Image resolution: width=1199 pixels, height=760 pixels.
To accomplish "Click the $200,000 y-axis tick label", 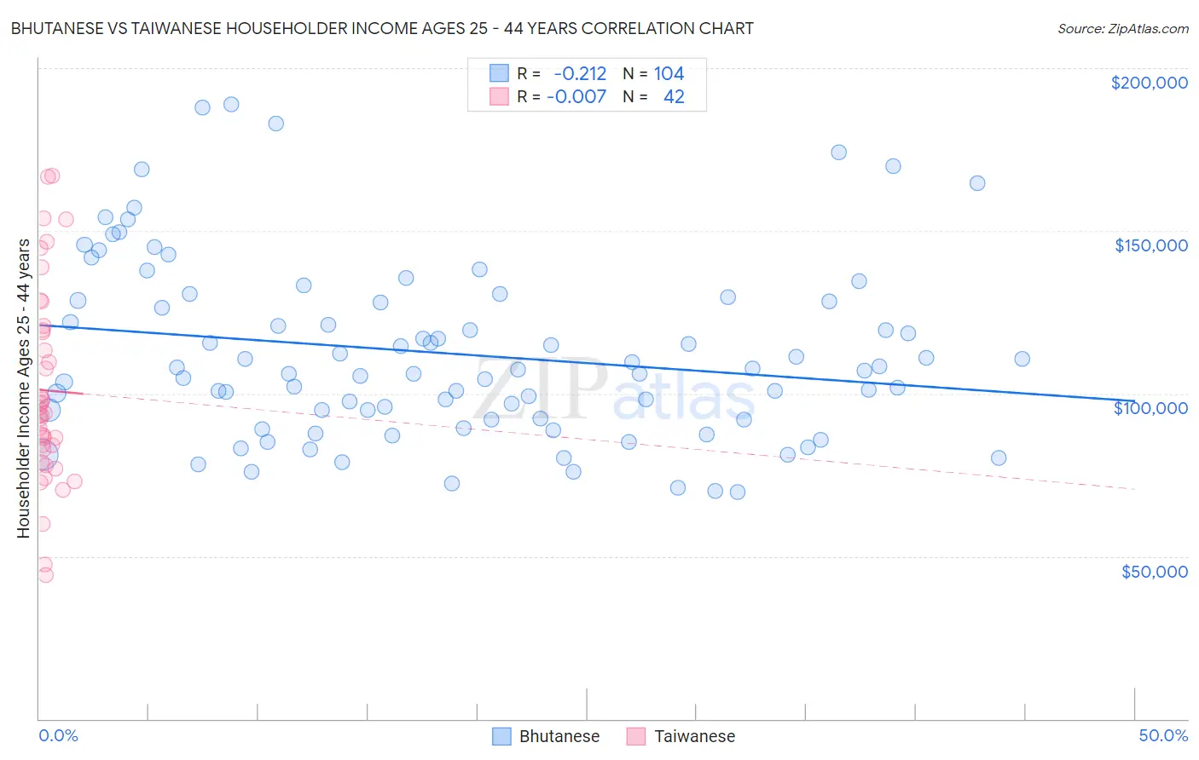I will [x=1149, y=83].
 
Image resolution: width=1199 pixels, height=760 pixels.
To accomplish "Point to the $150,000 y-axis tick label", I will [x=1150, y=245].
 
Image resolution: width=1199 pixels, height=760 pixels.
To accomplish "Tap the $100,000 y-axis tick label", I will [x=1150, y=408].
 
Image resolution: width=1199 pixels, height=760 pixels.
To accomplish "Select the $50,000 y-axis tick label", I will [x=1154, y=572].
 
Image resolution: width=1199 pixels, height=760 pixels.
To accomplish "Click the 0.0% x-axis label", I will [x=58, y=735].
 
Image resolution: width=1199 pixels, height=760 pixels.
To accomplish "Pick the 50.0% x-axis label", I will [x=1163, y=735].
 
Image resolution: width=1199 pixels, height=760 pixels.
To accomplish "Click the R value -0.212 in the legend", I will [x=580, y=74].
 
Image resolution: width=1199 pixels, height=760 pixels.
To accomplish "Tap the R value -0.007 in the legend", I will [x=576, y=96].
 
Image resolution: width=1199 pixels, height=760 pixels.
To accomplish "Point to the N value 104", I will [x=669, y=74].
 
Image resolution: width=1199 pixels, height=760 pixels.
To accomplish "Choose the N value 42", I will [x=674, y=96].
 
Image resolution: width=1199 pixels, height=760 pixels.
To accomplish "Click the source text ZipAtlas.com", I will [x=1122, y=29].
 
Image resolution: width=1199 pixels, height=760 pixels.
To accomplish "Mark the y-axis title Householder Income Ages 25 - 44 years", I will [x=23, y=388].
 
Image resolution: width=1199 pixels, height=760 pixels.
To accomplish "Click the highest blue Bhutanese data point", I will [x=231, y=105].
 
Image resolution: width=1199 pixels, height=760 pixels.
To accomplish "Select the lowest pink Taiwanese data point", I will [x=45, y=575].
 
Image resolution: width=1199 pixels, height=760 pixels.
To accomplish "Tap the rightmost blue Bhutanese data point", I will [x=1022, y=359].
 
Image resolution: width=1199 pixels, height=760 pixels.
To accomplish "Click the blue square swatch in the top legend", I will [x=499, y=73].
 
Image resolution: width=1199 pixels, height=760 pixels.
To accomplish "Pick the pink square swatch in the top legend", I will [x=499, y=96].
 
